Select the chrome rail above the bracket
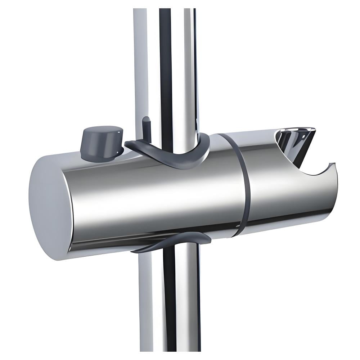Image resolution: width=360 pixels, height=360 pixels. pos(166,65)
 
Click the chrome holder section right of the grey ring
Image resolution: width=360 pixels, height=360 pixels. pos(281,194)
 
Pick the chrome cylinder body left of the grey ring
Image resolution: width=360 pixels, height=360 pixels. pos(151,198)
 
